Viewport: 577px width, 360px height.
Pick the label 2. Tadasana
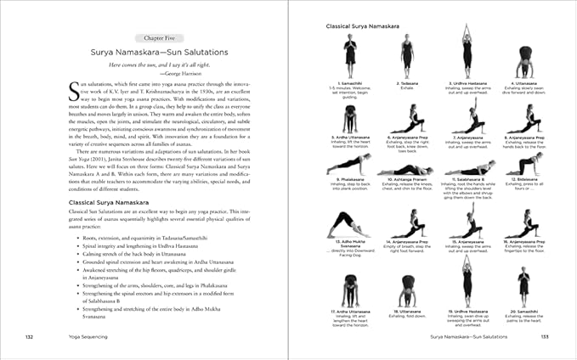click(409, 82)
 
